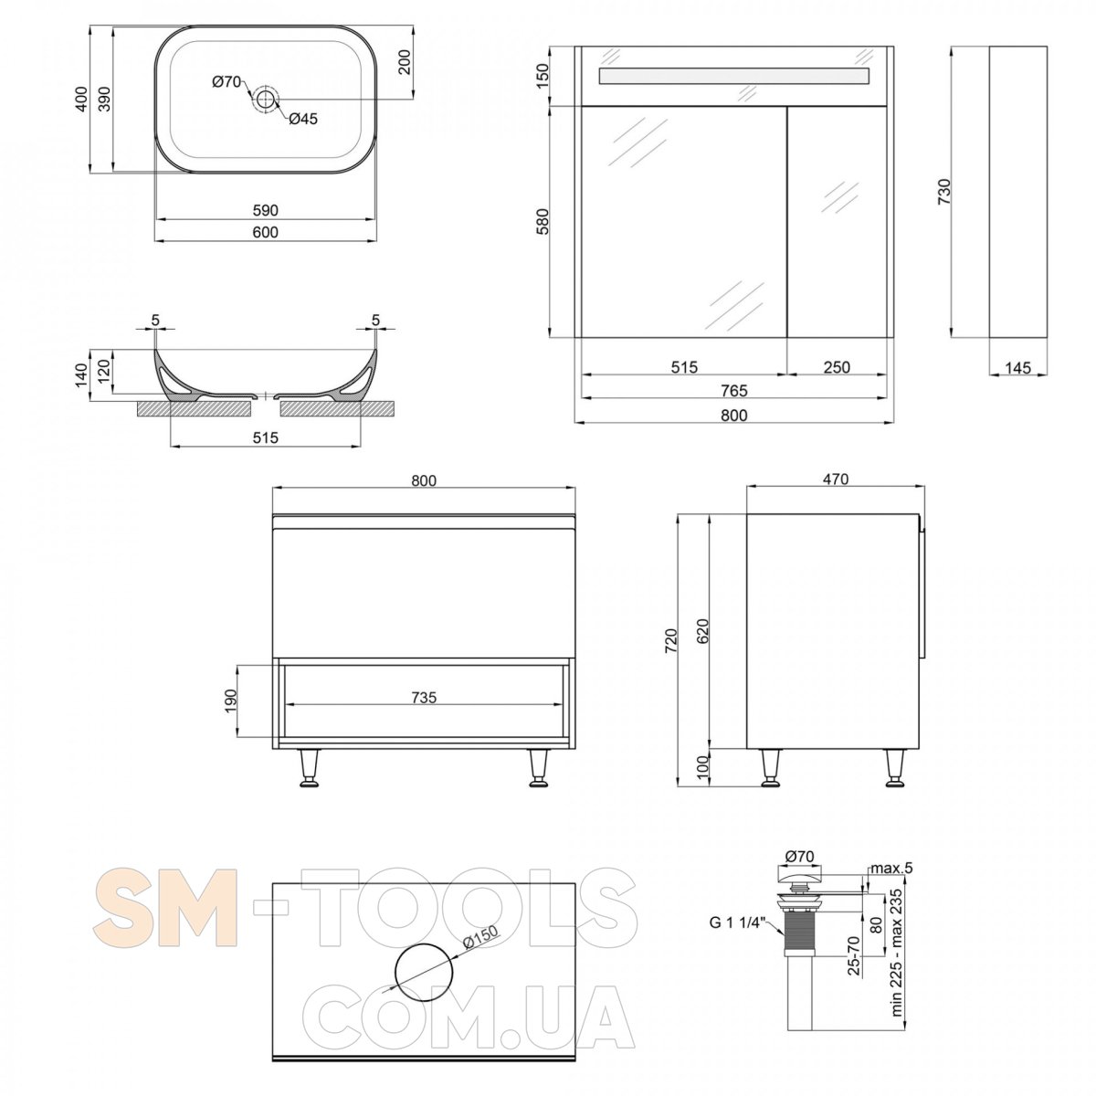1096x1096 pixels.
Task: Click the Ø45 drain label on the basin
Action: point(303,119)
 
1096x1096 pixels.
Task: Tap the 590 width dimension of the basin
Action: point(266,210)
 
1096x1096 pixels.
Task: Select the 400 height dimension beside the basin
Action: point(82,99)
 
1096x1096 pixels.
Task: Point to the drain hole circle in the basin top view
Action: point(265,99)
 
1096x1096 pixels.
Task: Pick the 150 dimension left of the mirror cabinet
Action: point(543,76)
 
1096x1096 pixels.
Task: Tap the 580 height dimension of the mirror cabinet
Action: point(543,222)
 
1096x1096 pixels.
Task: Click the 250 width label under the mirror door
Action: point(837,367)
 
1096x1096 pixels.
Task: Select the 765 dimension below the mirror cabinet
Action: point(733,391)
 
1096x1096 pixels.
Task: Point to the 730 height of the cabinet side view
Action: point(944,192)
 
